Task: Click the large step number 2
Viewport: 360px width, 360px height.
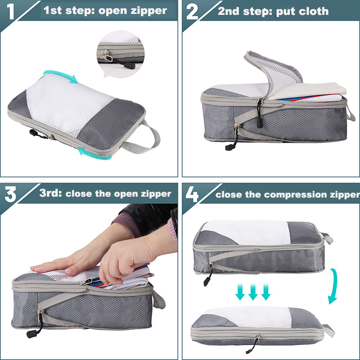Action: point(193,12)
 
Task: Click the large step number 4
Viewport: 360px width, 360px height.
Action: point(192,194)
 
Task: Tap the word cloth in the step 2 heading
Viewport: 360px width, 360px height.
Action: point(312,11)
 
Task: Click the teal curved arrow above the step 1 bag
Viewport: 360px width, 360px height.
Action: point(61,74)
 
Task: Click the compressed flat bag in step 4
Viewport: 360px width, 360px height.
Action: point(256,328)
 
